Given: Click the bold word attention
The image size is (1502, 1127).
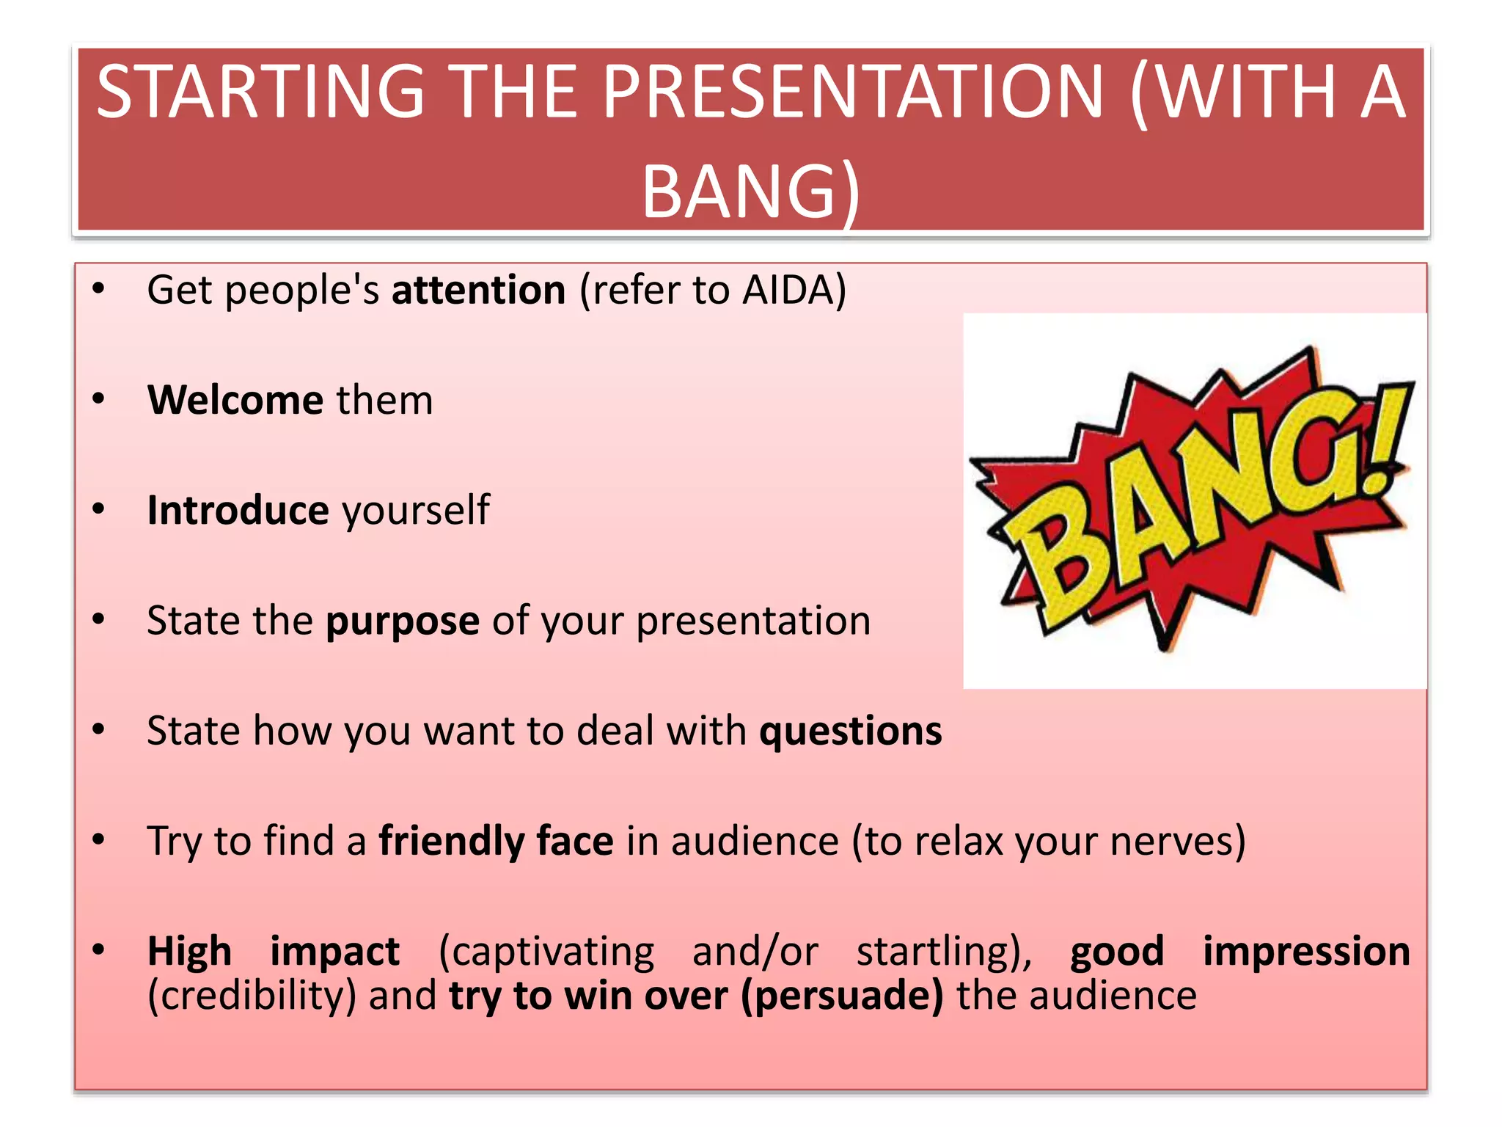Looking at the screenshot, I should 478,290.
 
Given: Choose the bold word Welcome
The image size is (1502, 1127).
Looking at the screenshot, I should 235,400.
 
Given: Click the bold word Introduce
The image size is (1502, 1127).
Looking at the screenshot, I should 238,510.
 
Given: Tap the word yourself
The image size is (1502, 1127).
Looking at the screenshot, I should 416,511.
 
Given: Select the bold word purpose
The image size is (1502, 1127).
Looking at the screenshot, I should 403,622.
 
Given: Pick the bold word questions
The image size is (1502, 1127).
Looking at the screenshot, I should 850,732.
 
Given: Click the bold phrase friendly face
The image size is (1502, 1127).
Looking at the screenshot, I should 496,841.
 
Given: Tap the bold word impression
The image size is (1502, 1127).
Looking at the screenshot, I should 1306,952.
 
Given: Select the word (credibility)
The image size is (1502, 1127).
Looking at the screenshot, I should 252,996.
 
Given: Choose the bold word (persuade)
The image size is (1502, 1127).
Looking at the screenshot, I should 842,996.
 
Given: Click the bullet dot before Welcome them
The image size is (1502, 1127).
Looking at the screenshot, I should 99,399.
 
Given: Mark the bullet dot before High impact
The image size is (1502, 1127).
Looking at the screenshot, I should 99,950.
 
